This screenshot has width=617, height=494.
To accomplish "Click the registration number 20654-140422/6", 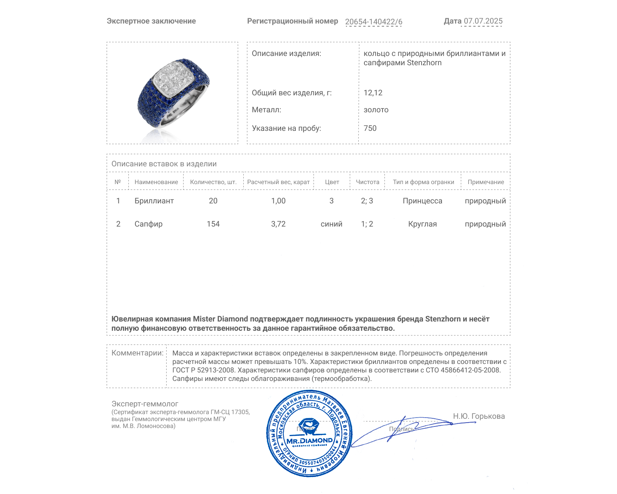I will (373, 22).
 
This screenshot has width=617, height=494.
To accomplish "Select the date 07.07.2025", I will (483, 21).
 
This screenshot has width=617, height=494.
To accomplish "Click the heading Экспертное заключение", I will (151, 21).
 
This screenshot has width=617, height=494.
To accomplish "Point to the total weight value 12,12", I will (373, 93).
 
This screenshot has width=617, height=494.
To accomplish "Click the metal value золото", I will (376, 110).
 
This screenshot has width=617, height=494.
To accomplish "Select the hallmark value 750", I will (370, 128).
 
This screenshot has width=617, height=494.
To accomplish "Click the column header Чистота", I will (367, 182).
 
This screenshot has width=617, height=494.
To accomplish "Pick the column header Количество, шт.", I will (213, 182).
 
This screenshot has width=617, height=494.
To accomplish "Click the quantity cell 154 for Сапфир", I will (213, 224).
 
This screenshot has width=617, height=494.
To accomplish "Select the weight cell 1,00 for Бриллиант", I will (278, 201).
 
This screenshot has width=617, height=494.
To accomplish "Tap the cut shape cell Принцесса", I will (422, 201).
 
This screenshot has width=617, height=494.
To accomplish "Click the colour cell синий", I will (331, 224).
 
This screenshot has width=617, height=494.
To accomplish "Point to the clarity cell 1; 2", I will (367, 224).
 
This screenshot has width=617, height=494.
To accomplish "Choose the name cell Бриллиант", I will (154, 201).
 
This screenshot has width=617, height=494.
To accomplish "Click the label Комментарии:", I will (137, 353).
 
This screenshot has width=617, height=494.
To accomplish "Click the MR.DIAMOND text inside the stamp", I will (309, 440).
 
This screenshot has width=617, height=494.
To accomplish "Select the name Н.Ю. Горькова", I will (479, 416).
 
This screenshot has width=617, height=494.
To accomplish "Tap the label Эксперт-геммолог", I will (145, 404).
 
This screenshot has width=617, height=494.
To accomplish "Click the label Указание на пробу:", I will (286, 128).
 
